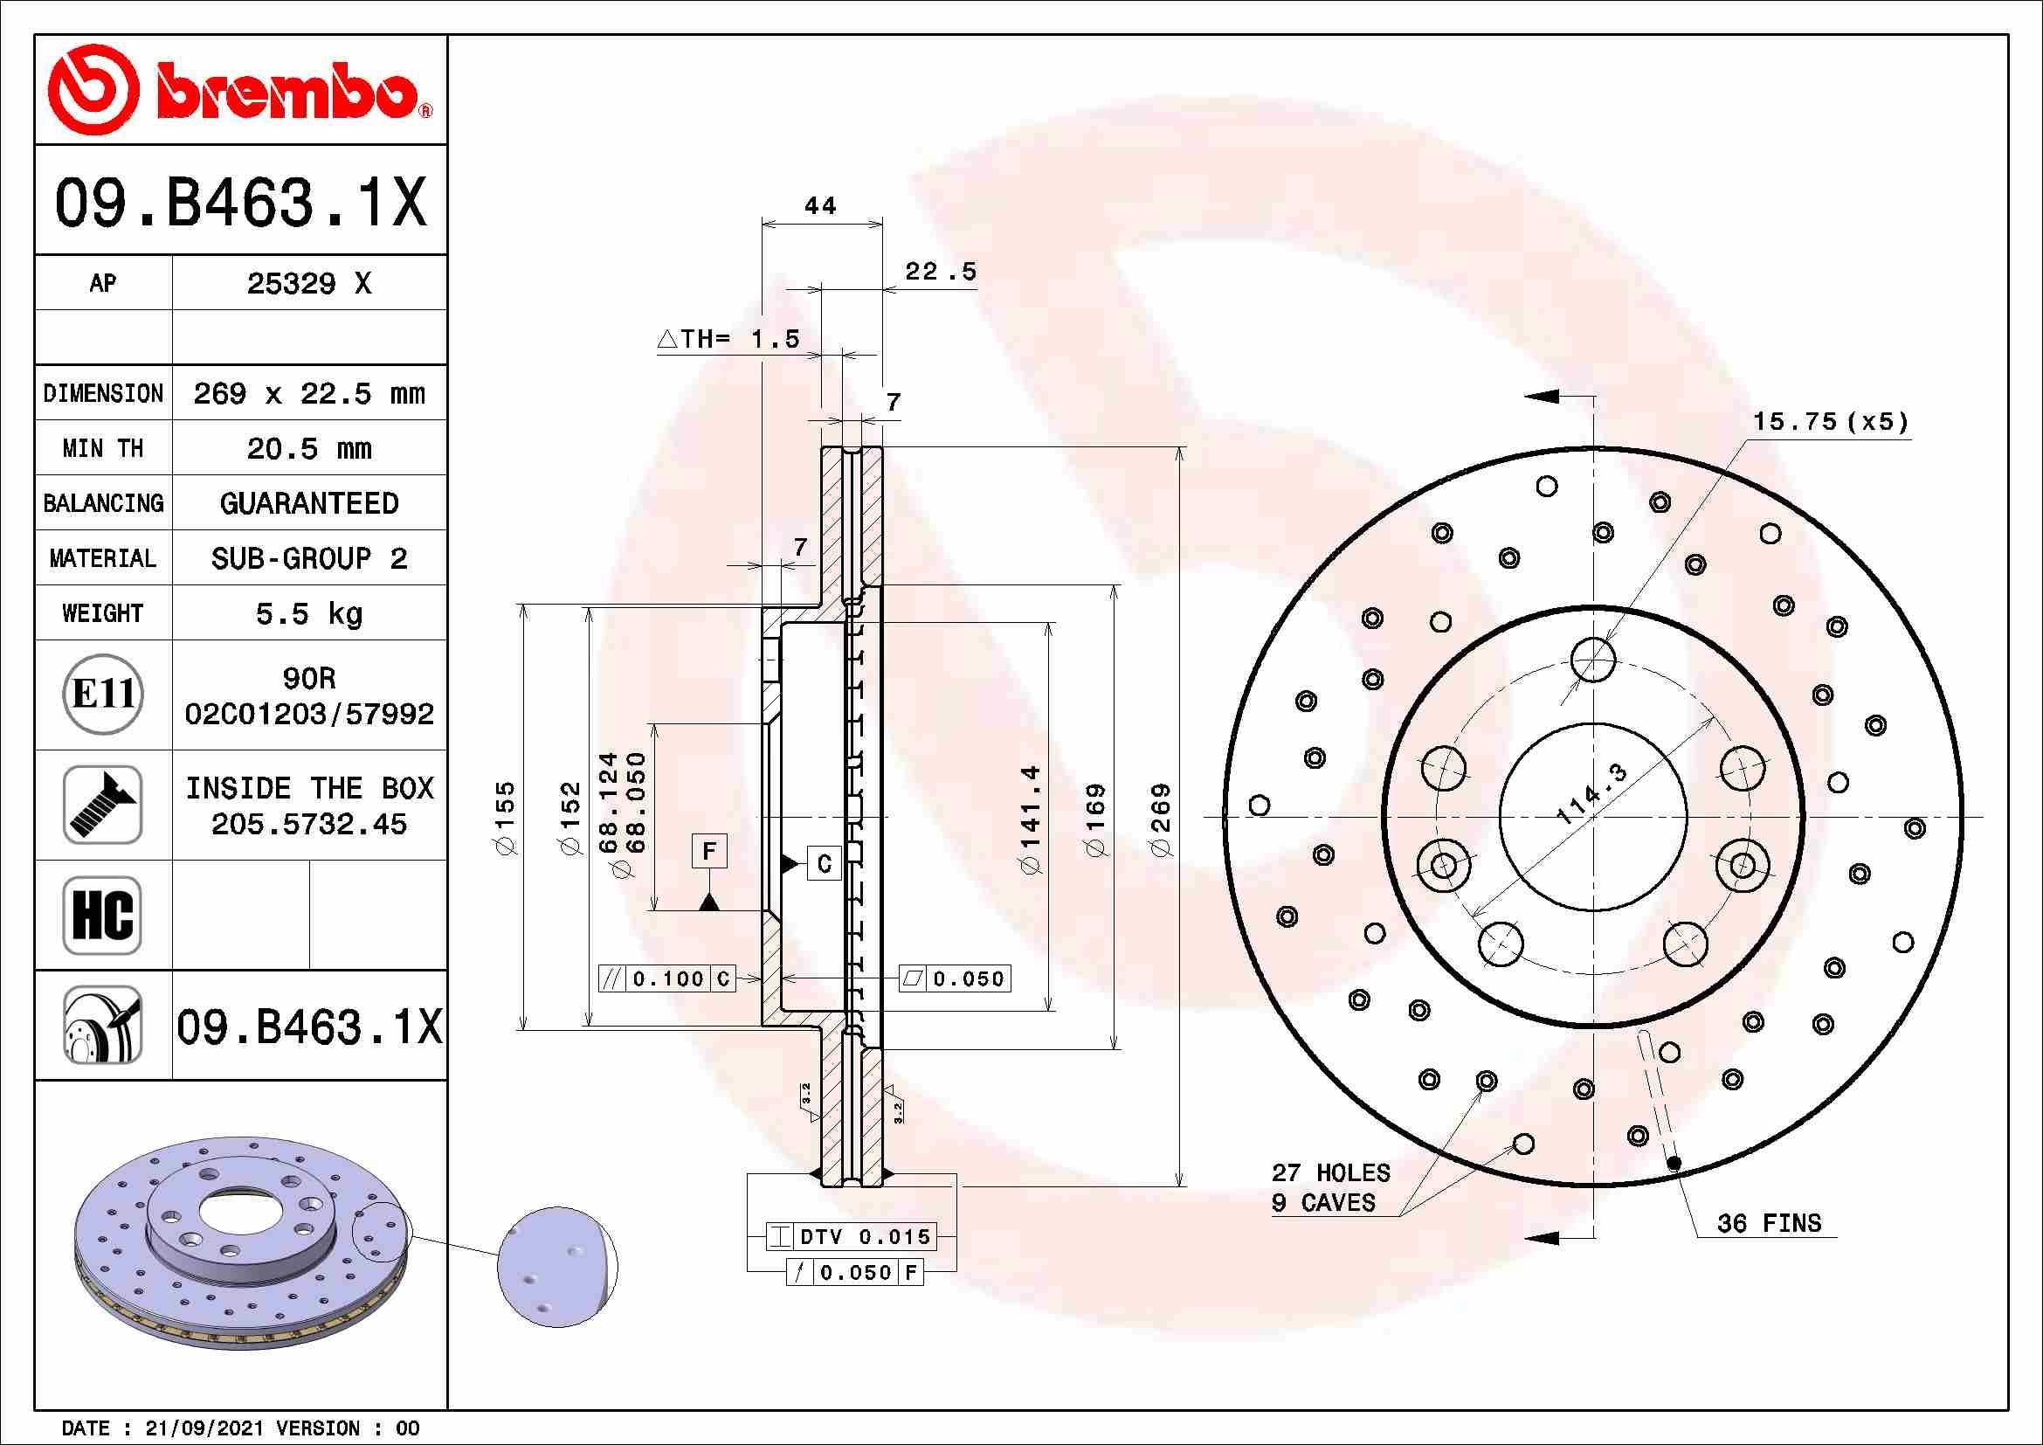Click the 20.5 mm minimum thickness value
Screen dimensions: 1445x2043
coord(308,448)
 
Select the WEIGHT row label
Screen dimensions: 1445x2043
coord(102,613)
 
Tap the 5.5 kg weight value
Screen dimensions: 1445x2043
coord(308,613)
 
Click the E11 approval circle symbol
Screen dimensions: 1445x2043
coord(103,695)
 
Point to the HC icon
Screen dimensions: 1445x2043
coord(102,915)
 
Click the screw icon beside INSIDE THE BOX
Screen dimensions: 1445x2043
coord(102,805)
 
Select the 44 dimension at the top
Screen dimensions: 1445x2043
coord(819,206)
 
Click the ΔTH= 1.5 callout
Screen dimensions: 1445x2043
coord(728,339)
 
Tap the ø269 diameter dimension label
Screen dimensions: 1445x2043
coord(1162,819)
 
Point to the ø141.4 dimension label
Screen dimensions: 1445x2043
coord(1032,819)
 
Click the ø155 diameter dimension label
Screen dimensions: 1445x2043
coord(506,819)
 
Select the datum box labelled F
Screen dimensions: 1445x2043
coord(709,852)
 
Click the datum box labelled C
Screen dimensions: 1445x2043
coord(824,863)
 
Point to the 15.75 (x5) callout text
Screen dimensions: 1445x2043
coord(1831,421)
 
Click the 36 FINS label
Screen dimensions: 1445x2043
coord(1769,1223)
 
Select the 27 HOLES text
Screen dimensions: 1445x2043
coord(1330,1172)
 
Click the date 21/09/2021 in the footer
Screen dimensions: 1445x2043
coord(204,1428)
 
